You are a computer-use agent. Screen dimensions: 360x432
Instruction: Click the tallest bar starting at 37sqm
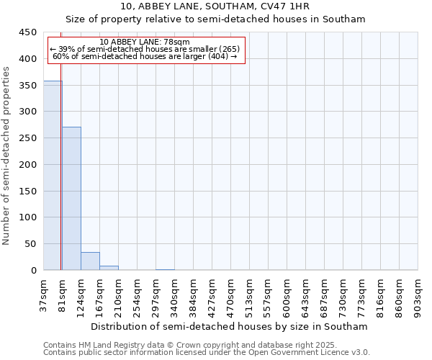tap(52, 176)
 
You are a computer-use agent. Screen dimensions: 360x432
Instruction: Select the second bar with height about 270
tap(71, 199)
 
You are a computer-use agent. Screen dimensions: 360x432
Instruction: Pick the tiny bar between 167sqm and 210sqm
tap(109, 268)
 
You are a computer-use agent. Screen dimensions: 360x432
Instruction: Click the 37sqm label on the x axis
tap(43, 294)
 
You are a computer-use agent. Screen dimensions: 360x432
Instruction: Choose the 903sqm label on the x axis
tap(418, 294)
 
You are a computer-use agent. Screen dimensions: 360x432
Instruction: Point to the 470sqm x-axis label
tap(230, 294)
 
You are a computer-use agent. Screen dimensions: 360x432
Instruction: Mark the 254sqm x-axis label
tap(137, 294)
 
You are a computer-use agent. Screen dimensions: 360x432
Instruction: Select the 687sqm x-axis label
tap(324, 294)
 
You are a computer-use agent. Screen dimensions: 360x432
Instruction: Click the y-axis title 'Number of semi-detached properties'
tap(7, 156)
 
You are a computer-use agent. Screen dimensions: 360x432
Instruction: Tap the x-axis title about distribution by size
tap(230, 326)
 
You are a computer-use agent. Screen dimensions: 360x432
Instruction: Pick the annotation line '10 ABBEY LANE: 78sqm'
tap(145, 42)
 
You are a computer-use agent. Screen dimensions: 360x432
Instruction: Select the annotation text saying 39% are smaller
tap(145, 49)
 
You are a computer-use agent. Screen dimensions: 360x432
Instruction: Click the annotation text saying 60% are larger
tap(145, 56)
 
